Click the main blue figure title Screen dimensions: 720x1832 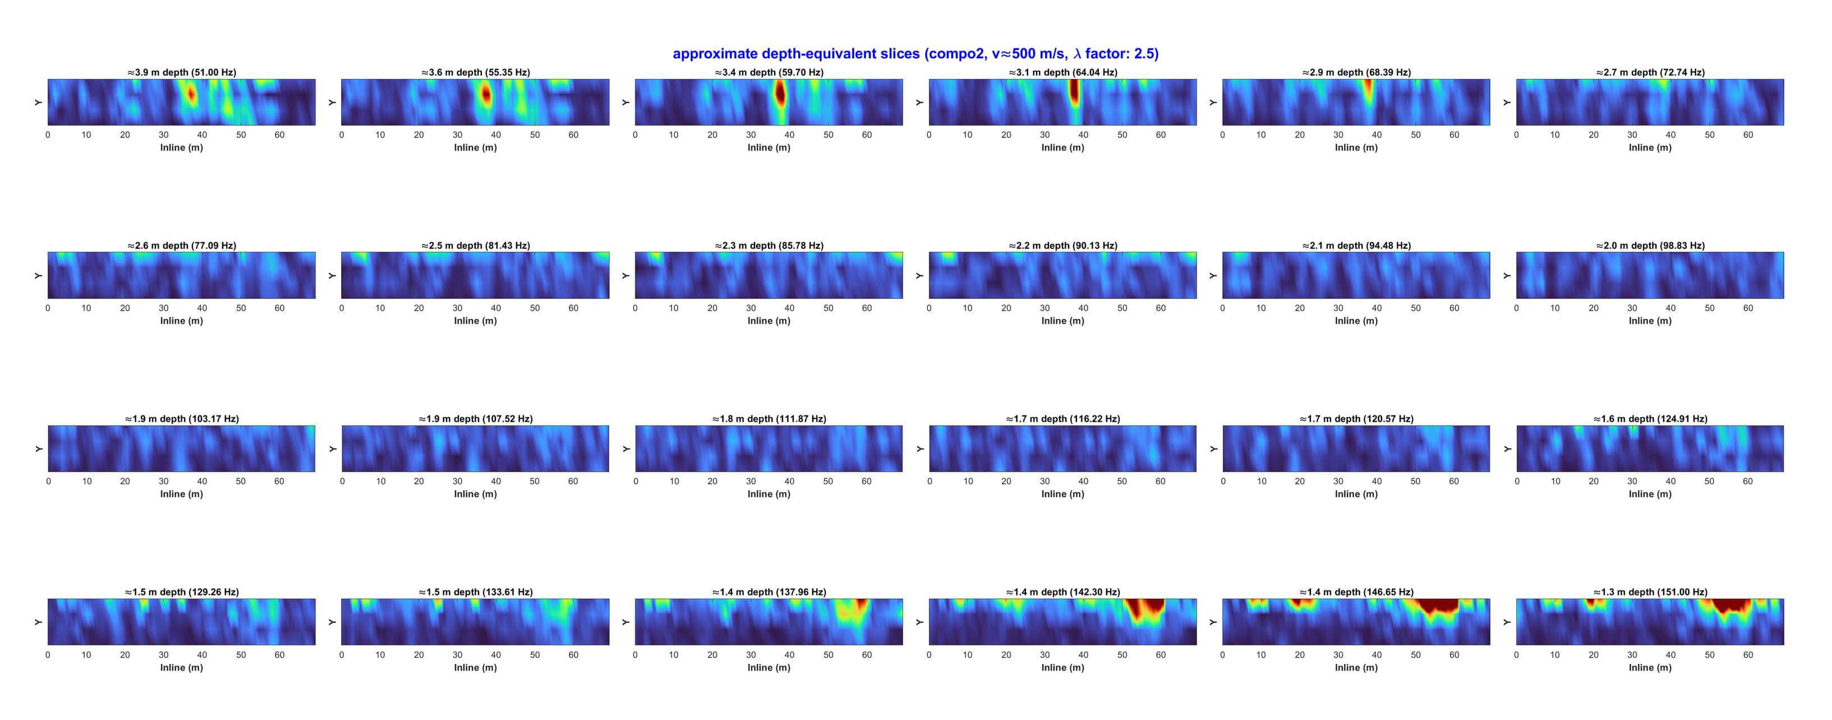click(915, 54)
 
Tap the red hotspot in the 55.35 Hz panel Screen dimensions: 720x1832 click(486, 94)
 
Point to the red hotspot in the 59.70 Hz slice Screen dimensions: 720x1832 click(780, 93)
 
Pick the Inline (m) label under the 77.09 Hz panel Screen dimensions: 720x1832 click(181, 321)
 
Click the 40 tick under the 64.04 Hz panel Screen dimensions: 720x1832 click(1083, 135)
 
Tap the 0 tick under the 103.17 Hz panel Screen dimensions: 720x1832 click(48, 482)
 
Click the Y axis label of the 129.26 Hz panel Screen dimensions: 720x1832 click(38, 622)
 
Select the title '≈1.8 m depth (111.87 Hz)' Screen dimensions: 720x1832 click(769, 419)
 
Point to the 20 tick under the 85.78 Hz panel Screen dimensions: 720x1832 click(712, 308)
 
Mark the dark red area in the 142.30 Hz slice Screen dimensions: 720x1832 click(1144, 608)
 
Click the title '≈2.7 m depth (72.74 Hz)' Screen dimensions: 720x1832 click(1650, 72)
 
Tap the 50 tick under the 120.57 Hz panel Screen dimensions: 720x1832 click(1415, 482)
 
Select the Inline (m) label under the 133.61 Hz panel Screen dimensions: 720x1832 click(475, 668)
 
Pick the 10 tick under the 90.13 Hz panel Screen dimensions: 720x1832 click(967, 308)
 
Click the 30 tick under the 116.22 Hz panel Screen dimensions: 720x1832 click(1044, 482)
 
